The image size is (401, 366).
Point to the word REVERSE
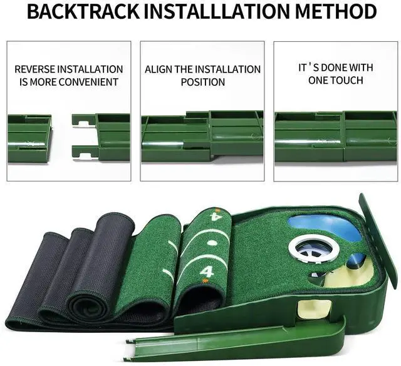(37, 69)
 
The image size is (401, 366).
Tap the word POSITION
(202, 82)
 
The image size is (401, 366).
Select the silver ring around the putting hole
(314, 248)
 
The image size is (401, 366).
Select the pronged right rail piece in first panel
(100, 138)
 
